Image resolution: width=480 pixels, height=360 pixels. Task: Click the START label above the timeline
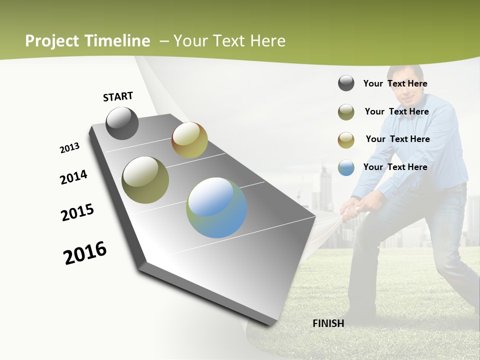pyautogui.click(x=118, y=96)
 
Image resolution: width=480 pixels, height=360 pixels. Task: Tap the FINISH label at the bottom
pyautogui.click(x=328, y=323)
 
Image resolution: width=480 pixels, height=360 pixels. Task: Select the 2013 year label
pyautogui.click(x=69, y=148)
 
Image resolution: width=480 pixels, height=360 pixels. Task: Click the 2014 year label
pyautogui.click(x=73, y=177)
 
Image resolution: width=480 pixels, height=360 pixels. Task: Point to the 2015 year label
pyautogui.click(x=77, y=212)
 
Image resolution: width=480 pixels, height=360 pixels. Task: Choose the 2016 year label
pyautogui.click(x=85, y=253)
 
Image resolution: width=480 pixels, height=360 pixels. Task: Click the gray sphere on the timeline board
pyautogui.click(x=122, y=123)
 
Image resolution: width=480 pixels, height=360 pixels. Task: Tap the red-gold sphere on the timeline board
pyautogui.click(x=189, y=140)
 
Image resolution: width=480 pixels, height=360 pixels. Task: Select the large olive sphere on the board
pyautogui.click(x=145, y=180)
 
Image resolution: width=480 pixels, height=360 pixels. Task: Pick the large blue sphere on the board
pyautogui.click(x=216, y=207)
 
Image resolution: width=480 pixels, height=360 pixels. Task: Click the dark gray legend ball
pyautogui.click(x=346, y=83)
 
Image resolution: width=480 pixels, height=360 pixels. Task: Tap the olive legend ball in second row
pyautogui.click(x=346, y=112)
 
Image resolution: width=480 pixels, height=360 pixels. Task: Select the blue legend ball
pyautogui.click(x=346, y=167)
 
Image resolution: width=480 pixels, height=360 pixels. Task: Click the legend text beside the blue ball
pyautogui.click(x=395, y=167)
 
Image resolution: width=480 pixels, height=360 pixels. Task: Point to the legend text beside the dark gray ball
pyautogui.click(x=395, y=83)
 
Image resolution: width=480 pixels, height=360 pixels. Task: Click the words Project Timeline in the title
pyautogui.click(x=87, y=41)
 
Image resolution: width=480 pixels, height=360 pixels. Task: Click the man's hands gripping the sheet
pyautogui.click(x=354, y=205)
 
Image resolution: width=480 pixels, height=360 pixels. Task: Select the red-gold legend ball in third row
pyautogui.click(x=346, y=140)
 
